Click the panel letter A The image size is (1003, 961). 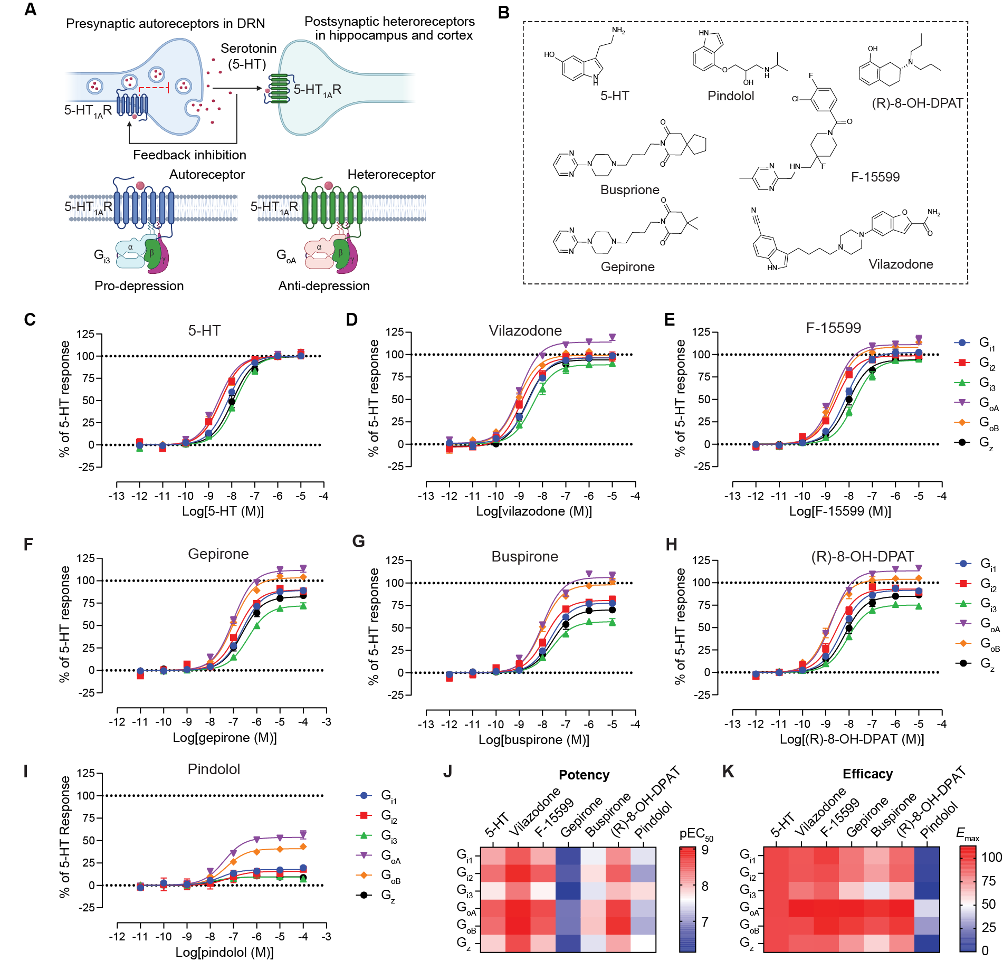click(31, 9)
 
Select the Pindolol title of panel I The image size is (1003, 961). click(214, 769)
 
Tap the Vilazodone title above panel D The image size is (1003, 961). click(525, 331)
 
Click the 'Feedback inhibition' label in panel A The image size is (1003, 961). click(189, 155)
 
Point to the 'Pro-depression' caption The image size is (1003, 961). click(139, 286)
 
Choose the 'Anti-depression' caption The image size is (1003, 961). click(324, 286)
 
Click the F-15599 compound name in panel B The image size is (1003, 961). click(875, 177)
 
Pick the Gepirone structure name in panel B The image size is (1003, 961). click(627, 267)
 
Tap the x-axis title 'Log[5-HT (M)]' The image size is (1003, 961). click(223, 511)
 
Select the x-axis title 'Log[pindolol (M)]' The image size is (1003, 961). click(224, 953)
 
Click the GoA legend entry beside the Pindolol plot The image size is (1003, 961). click(390, 856)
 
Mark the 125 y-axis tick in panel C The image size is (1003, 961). click(85, 334)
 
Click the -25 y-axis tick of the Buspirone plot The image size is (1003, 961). click(395, 696)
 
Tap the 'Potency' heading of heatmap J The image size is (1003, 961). click(584, 775)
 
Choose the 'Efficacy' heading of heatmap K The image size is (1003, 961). click(867, 774)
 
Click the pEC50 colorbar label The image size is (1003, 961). click(696, 834)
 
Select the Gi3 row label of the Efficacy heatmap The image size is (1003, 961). click(748, 891)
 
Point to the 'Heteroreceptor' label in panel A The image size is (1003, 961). click(391, 175)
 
